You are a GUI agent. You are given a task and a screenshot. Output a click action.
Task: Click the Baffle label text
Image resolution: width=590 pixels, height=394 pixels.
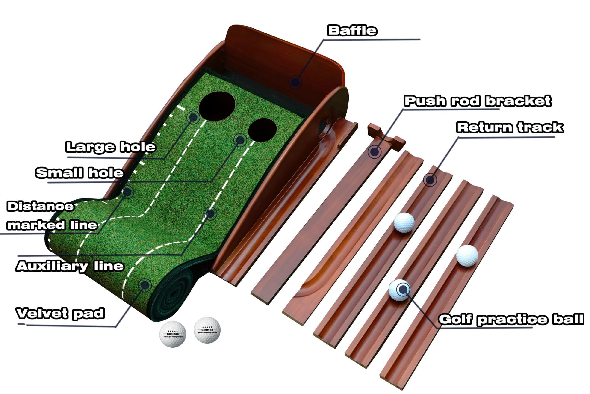352,31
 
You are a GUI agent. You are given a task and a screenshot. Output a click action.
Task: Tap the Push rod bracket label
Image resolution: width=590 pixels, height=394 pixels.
478,101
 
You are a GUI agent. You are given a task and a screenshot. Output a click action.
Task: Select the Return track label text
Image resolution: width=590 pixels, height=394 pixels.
510,127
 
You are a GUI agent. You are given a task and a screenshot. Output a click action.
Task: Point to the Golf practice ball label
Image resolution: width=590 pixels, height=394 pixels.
511,319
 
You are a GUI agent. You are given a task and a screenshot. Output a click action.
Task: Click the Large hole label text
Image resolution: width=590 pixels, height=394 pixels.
111,147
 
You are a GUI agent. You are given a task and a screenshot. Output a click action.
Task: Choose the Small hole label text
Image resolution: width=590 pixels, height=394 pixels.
79,173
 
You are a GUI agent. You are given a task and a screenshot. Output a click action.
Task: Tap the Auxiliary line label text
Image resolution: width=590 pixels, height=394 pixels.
70,266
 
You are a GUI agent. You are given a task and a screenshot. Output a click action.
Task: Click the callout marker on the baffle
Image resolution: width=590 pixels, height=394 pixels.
295,82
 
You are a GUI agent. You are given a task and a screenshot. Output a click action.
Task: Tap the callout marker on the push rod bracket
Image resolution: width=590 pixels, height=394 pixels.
375,152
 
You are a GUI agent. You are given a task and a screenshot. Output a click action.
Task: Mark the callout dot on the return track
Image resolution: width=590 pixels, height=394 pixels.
430,180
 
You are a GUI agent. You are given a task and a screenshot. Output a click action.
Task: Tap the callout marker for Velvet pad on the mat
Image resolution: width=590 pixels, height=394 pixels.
145,285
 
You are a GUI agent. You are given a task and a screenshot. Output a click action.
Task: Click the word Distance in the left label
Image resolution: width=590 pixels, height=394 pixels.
40,207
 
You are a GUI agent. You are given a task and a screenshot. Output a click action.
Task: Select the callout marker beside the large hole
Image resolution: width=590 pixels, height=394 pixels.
193,117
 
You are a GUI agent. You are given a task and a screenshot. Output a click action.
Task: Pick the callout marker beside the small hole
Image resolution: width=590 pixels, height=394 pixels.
240,140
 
